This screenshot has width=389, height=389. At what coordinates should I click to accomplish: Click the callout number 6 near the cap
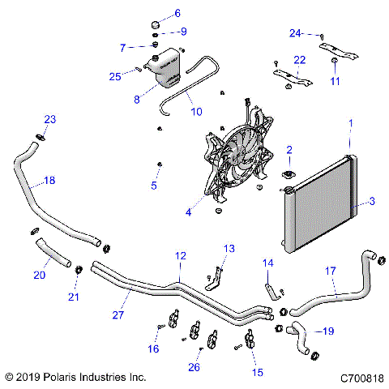tap(177, 13)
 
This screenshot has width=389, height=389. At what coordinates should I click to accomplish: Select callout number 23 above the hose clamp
tap(50, 120)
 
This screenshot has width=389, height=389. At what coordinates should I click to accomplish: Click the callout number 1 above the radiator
tap(350, 122)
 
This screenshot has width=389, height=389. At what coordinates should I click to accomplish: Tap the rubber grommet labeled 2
tap(288, 176)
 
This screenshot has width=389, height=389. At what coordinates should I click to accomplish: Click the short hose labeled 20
tap(54, 253)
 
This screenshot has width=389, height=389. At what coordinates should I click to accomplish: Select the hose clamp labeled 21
tap(79, 270)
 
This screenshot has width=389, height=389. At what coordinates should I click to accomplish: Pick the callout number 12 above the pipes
tap(181, 255)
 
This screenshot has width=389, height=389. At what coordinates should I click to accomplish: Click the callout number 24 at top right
tap(295, 33)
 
